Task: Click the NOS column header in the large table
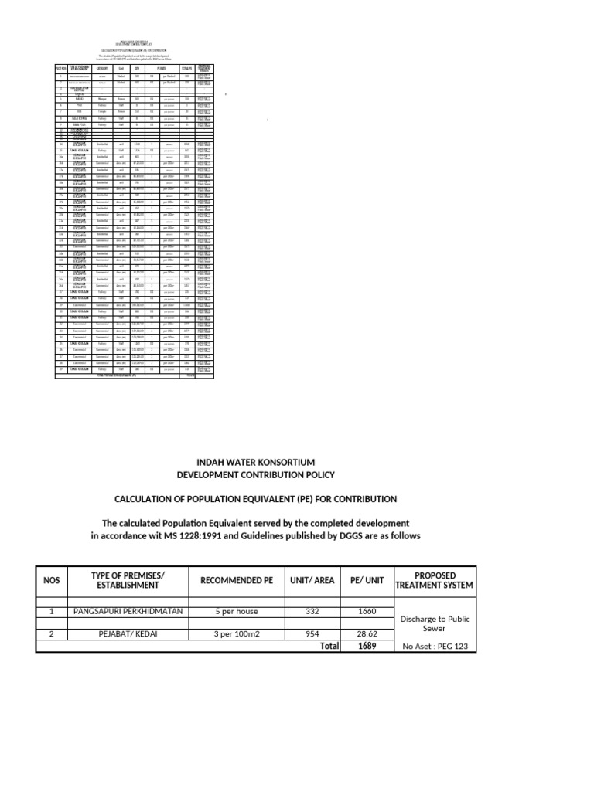pos(52,580)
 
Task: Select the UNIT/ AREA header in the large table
pos(312,580)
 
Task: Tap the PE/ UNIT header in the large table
pos(367,580)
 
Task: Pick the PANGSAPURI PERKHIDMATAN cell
pos(128,612)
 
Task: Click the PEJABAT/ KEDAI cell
pos(128,633)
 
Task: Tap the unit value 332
pos(312,612)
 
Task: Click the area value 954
pos(312,633)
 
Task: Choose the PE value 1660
pos(367,612)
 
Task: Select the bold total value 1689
pos(367,646)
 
